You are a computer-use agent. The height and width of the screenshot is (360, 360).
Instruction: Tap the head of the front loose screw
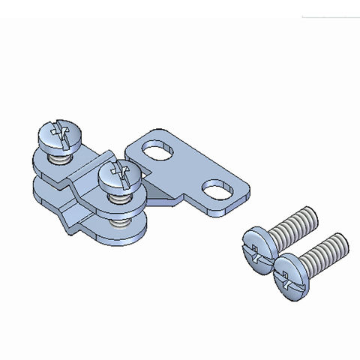(x=289, y=273)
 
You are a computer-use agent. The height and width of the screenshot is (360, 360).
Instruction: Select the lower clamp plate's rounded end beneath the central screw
(x=124, y=235)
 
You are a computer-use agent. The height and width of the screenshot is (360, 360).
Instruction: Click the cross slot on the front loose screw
(x=286, y=275)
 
